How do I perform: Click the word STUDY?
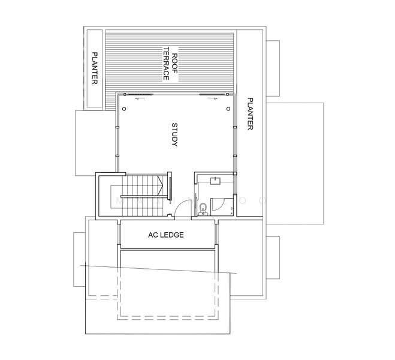pyautogui.click(x=174, y=134)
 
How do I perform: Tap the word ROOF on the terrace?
pyautogui.click(x=174, y=63)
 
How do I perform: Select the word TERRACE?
pyautogui.click(x=166, y=64)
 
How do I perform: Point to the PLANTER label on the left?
pyautogui.click(x=95, y=68)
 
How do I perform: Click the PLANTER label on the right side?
pyautogui.click(x=250, y=113)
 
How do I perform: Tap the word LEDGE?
pyautogui.click(x=173, y=235)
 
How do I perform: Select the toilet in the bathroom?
pyautogui.click(x=203, y=210)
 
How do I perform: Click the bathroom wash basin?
pyautogui.click(x=215, y=181)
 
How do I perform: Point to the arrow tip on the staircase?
pyautogui.click(x=163, y=185)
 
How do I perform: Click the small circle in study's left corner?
pyautogui.click(x=124, y=109)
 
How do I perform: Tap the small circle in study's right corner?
pyautogui.click(x=228, y=109)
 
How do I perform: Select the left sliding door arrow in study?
pyautogui.click(x=141, y=98)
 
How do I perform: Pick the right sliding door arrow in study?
pyautogui.click(x=212, y=98)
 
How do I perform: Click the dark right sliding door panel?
pyautogui.click(x=213, y=95)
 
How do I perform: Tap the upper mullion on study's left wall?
pyautogui.click(x=117, y=127)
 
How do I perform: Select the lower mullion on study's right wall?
pyautogui.click(x=235, y=156)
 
